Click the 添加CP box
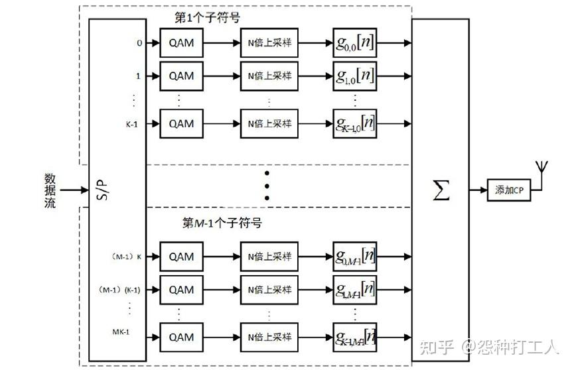[509, 190]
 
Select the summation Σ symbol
[441, 190]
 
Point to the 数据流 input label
[50, 190]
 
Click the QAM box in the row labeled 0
[181, 43]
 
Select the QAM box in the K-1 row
[181, 123]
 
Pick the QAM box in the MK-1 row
[181, 336]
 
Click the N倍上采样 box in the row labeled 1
[269, 76]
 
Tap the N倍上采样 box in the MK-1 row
[269, 336]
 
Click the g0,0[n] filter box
[355, 43]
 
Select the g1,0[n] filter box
[355, 76]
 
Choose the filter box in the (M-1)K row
[355, 256]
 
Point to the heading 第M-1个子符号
[222, 223]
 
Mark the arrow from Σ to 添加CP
[478, 190]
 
